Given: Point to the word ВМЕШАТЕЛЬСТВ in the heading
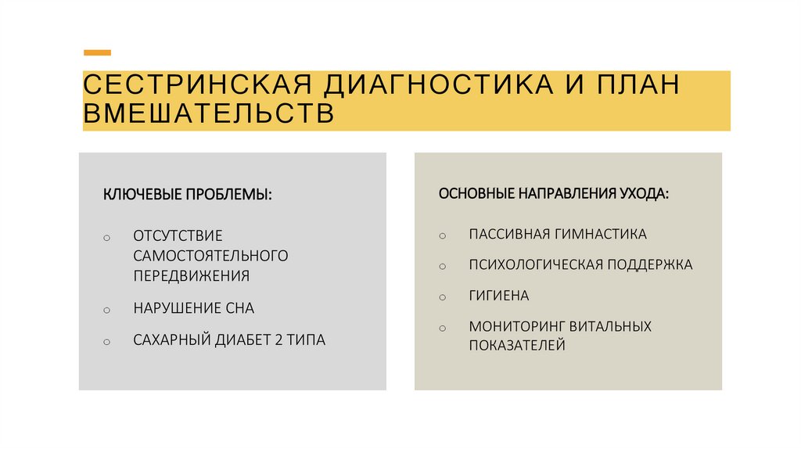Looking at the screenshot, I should point(209,113).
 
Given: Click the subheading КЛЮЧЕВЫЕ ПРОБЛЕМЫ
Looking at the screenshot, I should point(188,193).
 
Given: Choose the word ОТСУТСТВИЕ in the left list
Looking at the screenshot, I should point(178,235).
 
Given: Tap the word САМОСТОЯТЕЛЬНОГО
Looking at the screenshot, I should point(210,256).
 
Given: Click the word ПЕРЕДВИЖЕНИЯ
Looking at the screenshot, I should point(191,275).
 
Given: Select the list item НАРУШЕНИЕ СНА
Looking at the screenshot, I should point(193,308).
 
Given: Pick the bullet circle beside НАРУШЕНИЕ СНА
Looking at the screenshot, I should point(107,311).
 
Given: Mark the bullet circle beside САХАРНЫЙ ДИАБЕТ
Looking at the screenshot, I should point(107,342).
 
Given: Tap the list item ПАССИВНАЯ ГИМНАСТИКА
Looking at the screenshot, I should point(558,234).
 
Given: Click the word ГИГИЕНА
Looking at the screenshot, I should point(499,296).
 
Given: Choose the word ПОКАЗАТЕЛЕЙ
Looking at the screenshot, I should point(516,345).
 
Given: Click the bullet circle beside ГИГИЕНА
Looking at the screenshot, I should point(442,298).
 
